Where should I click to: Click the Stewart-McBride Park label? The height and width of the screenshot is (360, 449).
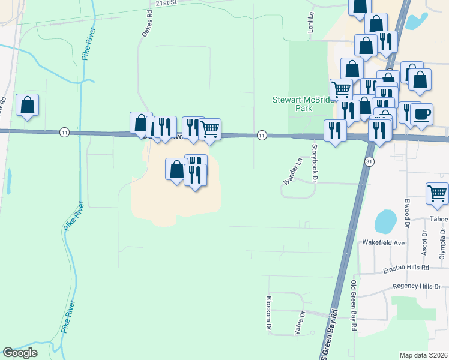[302, 104]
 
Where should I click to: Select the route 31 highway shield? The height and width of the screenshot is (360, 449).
[369, 162]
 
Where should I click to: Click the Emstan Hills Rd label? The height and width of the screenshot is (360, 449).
[407, 268]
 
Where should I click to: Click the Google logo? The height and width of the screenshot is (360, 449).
[20, 353]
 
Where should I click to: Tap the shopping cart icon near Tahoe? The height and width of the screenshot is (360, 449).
[438, 193]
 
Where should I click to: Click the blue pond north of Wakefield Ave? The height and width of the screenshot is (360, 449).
[385, 221]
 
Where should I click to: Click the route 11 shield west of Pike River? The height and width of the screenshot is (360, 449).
[64, 132]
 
